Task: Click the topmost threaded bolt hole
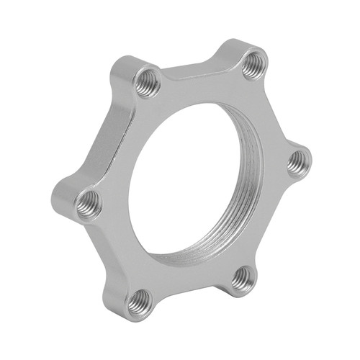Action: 254,66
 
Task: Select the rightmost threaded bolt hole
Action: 297,163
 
